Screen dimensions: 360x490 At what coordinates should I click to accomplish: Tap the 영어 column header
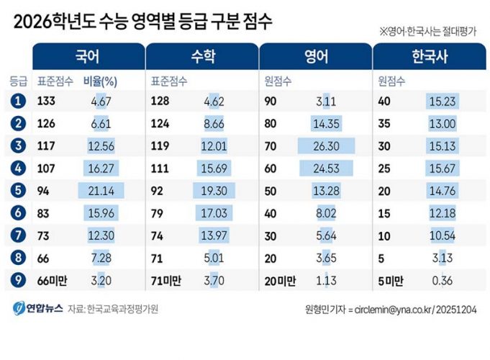coord(315,57)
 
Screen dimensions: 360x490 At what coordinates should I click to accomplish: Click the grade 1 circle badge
coord(18,102)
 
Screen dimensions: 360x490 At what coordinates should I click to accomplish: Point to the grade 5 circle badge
coord(18,192)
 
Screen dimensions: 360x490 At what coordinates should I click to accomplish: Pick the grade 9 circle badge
coord(18,282)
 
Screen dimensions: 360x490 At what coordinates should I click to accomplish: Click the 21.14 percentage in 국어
coord(101,192)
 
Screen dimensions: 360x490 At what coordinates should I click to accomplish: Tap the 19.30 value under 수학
coord(214,192)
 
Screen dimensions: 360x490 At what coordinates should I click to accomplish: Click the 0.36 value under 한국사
coord(440,282)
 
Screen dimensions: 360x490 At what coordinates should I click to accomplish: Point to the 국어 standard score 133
coord(46,102)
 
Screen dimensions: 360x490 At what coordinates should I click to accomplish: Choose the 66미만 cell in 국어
coord(51,282)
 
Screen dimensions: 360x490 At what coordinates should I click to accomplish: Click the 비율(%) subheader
coord(100,81)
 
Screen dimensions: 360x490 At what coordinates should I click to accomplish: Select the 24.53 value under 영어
coord(327,170)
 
